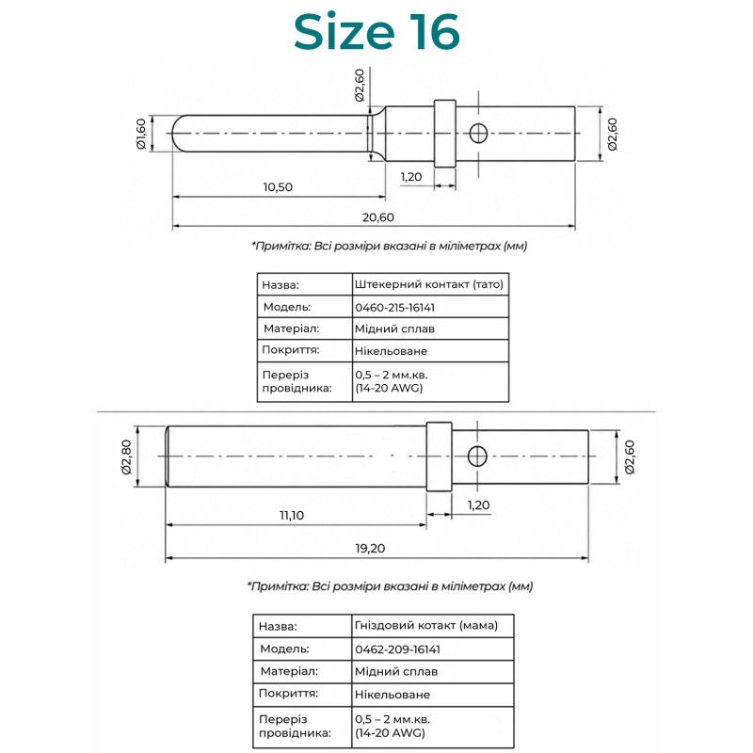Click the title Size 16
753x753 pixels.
click(x=376, y=32)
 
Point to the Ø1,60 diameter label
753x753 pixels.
click(x=140, y=134)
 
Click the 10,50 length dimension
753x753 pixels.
click(x=278, y=186)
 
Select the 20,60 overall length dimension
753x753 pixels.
click(x=378, y=217)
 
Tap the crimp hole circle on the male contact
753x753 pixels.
click(x=478, y=133)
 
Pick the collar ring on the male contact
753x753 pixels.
click(x=444, y=134)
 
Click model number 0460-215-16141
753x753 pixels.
click(x=394, y=308)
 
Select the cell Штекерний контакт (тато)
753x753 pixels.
click(x=429, y=284)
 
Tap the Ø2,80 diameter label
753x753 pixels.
click(x=126, y=457)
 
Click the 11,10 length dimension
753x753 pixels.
click(x=292, y=515)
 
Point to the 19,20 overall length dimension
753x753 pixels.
click(x=370, y=549)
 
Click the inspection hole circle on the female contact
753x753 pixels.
click(x=477, y=457)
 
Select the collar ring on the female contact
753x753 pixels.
click(x=439, y=457)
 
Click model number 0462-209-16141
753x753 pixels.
click(x=397, y=649)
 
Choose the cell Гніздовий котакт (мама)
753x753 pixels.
click(x=426, y=625)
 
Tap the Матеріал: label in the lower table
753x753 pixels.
click(x=289, y=671)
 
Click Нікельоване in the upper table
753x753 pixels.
click(x=391, y=351)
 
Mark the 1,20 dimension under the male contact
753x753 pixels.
click(x=411, y=177)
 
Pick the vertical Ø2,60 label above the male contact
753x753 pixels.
click(x=360, y=85)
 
